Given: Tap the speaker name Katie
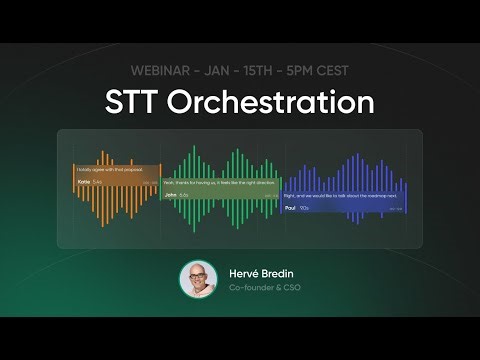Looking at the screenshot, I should [x=83, y=182].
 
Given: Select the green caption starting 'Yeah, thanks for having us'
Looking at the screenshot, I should [x=219, y=182].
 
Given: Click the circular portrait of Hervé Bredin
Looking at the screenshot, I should [x=198, y=279].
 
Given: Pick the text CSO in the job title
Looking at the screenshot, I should [x=290, y=288].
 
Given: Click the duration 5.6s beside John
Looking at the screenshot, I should [x=184, y=195].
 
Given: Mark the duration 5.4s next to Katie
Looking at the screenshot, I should [x=97, y=182].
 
